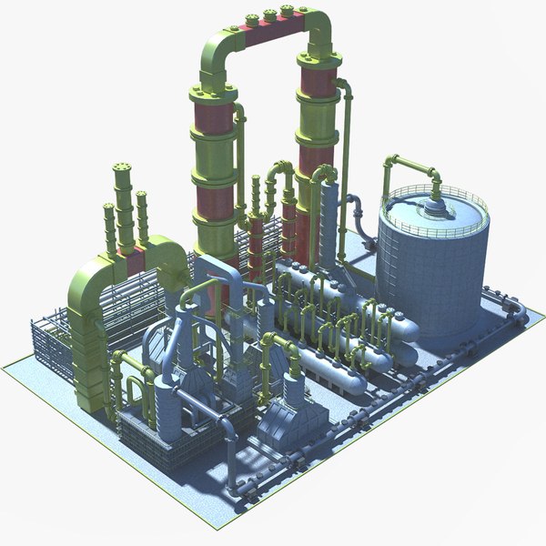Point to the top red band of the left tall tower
214,118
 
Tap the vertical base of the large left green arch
91,364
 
